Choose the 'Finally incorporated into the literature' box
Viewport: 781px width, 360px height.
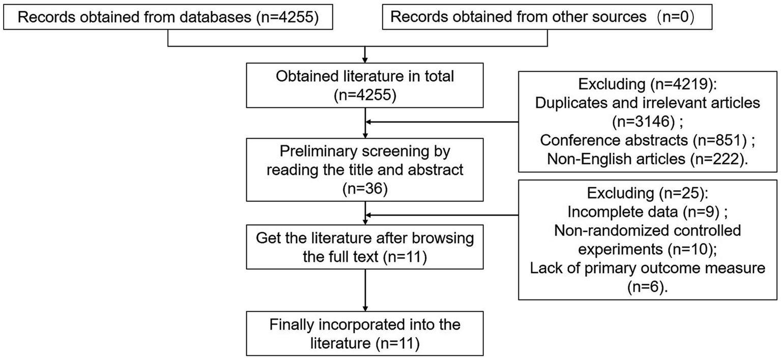(x=365, y=334)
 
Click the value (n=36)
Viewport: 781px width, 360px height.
(x=365, y=190)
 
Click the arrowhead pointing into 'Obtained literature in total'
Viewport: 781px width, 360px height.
(x=365, y=60)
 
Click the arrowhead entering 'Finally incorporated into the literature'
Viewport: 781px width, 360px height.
(x=365, y=307)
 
